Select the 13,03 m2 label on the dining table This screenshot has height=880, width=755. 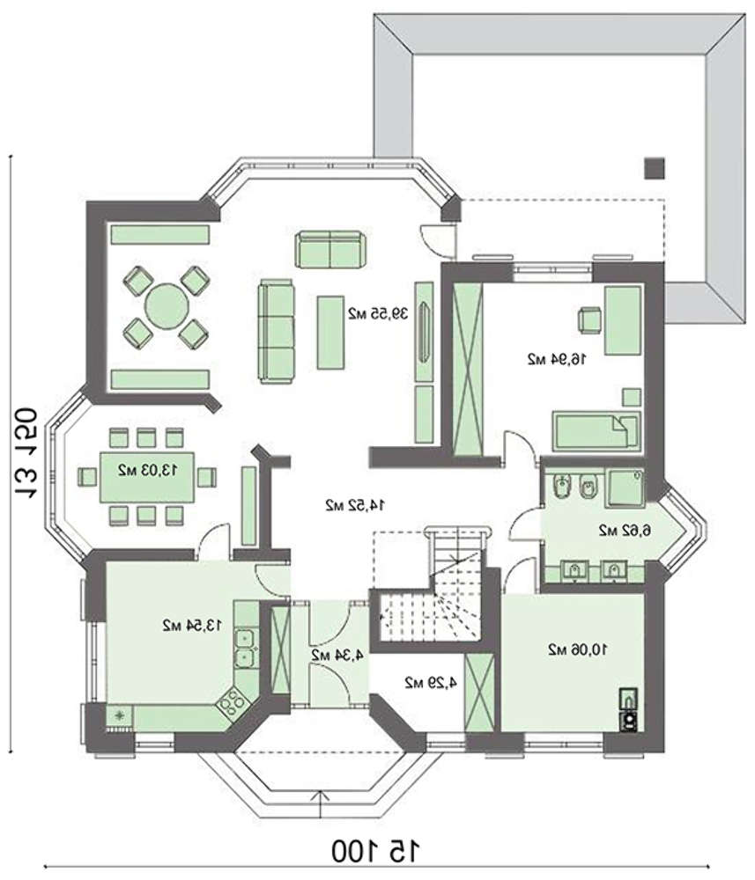click(147, 470)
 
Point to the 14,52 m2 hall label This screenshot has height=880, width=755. click(355, 505)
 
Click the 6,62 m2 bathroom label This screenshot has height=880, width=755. click(624, 530)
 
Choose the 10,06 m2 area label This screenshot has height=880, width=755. click(578, 650)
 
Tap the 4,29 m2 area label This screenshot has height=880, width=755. click(430, 683)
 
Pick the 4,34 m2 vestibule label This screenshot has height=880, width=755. click(337, 655)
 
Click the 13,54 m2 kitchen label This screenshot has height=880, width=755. click(191, 625)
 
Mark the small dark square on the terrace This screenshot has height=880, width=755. click(654, 168)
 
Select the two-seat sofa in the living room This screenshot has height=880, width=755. click(329, 249)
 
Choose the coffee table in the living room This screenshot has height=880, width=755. click(330, 333)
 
